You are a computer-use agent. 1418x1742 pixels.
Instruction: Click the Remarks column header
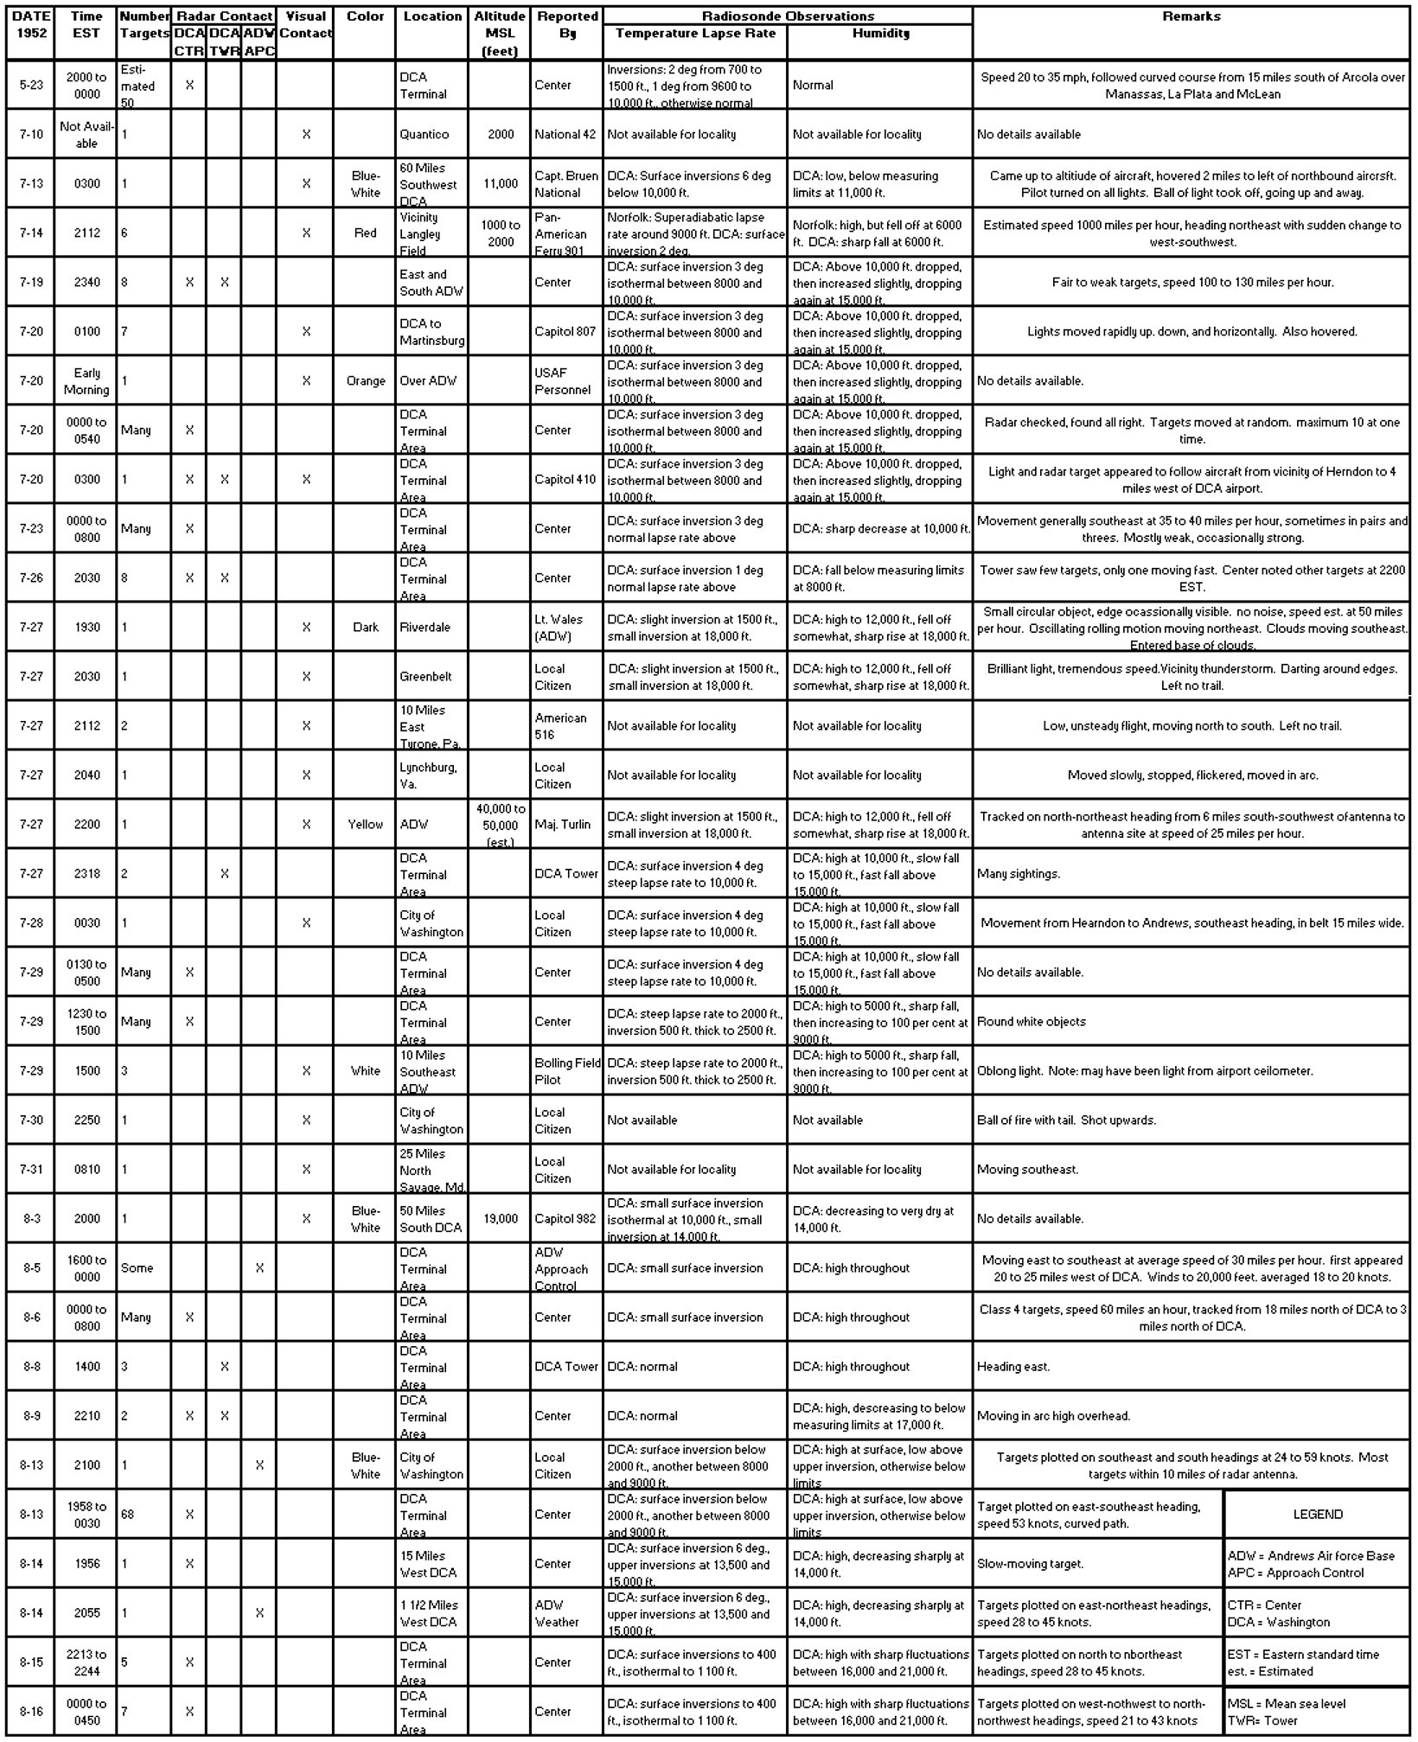pos(1191,16)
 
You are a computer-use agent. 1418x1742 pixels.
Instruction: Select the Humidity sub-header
pos(880,34)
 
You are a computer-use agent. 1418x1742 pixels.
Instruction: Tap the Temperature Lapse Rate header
pos(695,34)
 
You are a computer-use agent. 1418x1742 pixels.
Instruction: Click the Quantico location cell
pos(424,135)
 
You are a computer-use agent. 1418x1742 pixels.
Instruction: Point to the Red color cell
pos(365,233)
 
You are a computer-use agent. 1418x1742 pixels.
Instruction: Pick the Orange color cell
pos(365,381)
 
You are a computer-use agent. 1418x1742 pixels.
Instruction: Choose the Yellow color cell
pos(365,825)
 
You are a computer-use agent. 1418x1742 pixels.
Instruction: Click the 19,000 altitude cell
pos(500,1219)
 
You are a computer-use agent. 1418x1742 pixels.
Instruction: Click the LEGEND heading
pos(1317,1515)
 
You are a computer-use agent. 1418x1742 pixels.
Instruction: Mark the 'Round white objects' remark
pos(1032,1022)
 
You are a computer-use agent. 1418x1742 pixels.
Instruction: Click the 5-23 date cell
pos(31,86)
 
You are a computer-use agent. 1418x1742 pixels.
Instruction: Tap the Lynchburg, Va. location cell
pos(428,775)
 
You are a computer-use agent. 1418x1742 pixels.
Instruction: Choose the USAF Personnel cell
pos(562,381)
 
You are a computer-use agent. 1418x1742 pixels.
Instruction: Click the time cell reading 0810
pos(86,1170)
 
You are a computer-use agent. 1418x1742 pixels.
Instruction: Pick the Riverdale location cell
pos(425,628)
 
